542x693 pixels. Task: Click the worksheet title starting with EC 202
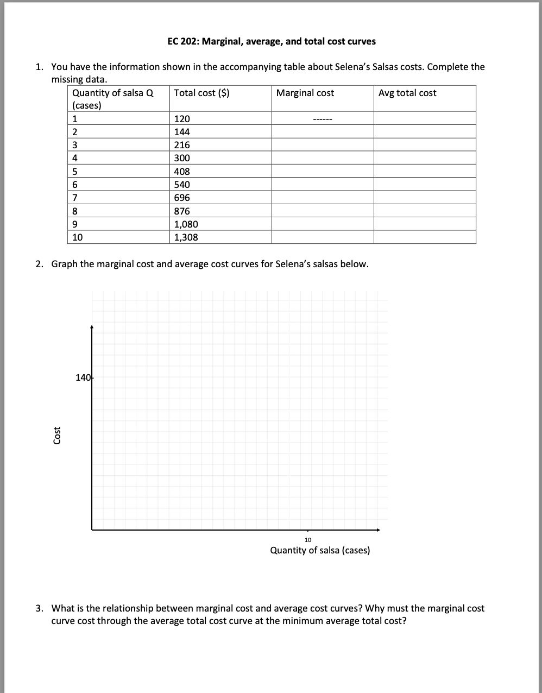[x=272, y=41]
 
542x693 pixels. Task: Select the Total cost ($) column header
[x=201, y=93]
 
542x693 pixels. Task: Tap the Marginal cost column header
[x=305, y=93]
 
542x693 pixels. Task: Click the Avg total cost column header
[x=407, y=93]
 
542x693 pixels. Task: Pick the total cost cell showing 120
[x=182, y=119]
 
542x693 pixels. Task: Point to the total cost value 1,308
[x=186, y=237]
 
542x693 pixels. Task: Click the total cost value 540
[x=182, y=185]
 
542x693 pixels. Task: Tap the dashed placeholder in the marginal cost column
[x=323, y=119]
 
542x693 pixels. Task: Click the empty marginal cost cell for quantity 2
[x=323, y=132]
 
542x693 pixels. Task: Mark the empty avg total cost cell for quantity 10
[x=425, y=237]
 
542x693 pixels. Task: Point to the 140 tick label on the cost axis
[x=83, y=377]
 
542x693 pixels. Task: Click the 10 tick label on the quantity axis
[x=308, y=540]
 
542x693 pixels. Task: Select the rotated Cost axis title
[x=57, y=436]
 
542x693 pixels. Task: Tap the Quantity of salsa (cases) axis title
[x=320, y=550]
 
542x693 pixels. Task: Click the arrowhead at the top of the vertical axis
[x=92, y=327]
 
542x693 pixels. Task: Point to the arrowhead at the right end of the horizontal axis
[x=379, y=530]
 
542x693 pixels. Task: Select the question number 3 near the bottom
[x=39, y=608]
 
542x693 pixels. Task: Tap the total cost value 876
[x=182, y=211]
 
